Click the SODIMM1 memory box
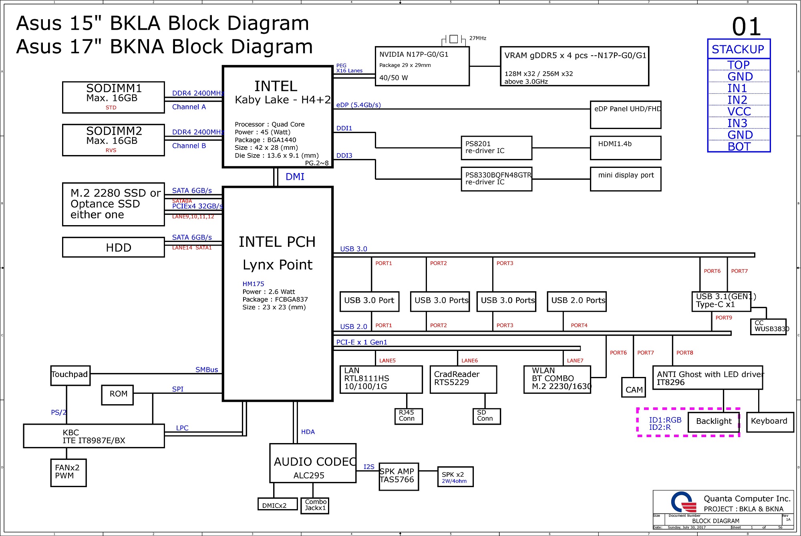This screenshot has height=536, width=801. pos(113,97)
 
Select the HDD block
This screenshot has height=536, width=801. pos(113,247)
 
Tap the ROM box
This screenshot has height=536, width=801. pos(117,395)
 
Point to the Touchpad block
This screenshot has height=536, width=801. pos(70,376)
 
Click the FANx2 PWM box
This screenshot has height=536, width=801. pos(68,473)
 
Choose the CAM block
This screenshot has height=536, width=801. pos(634,387)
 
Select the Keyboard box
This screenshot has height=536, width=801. pos(770,422)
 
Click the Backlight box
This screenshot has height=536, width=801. pos(714,422)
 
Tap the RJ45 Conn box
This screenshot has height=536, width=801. pos(408,416)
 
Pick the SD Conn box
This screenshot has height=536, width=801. pos(486,416)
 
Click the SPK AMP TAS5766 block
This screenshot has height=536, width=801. pos(399,477)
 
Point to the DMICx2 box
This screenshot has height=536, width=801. pos(278,504)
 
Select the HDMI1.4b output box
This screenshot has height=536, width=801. pos(626,148)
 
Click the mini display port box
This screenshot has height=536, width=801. pos(626,179)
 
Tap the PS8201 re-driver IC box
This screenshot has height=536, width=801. pos(497,148)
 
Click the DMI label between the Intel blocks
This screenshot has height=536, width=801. pos(295,177)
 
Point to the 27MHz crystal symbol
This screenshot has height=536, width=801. pos(454,39)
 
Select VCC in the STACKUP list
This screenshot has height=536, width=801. pos(739,111)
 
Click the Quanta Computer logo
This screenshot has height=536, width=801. pos(684,502)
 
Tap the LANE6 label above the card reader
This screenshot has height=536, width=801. pos(470,361)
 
